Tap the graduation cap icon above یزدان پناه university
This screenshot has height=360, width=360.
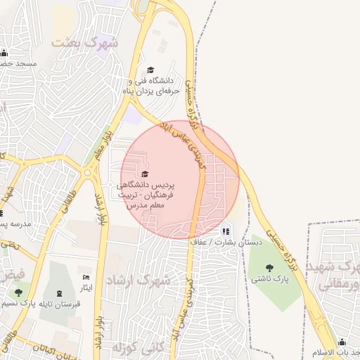click(x=149, y=70)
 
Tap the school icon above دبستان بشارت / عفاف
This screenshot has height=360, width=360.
click(x=226, y=231)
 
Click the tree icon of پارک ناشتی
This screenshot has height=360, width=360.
click(x=270, y=267)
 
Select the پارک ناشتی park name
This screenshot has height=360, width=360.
click(x=271, y=280)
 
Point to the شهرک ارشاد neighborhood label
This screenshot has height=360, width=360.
click(x=139, y=280)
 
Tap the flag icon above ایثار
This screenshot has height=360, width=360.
click(x=86, y=278)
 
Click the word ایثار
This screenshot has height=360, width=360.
click(x=86, y=289)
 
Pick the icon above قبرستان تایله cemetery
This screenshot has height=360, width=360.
click(x=59, y=292)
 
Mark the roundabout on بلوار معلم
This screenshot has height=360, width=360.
click(x=89, y=172)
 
